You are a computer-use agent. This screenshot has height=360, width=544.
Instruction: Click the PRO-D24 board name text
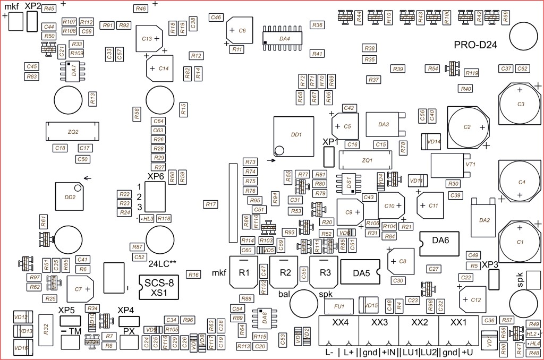click(x=475, y=45)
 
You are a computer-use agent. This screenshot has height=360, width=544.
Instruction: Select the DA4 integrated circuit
click(x=284, y=39)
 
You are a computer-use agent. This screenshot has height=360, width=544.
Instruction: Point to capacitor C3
click(x=521, y=105)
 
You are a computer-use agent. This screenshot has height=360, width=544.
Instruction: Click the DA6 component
click(x=440, y=241)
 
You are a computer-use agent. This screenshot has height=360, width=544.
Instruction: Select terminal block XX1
click(x=458, y=323)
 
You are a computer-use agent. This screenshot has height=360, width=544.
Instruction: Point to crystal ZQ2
click(x=73, y=131)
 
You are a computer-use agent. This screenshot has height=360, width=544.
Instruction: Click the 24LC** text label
click(x=162, y=263)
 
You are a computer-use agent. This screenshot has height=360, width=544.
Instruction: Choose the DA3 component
click(x=384, y=125)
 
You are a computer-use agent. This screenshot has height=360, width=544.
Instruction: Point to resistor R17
click(x=211, y=204)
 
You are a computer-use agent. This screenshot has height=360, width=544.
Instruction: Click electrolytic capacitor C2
click(x=468, y=127)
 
